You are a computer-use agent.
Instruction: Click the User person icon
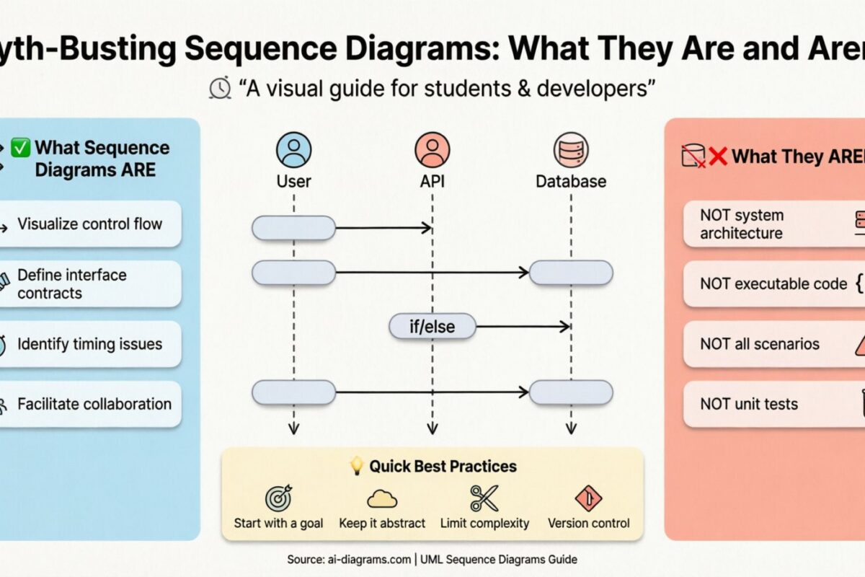click(293, 150)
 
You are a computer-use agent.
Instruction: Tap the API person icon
click(432, 150)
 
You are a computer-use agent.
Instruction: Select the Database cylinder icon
click(571, 150)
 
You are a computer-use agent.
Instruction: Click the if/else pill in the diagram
click(432, 327)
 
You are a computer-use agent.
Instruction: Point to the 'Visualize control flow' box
click(89, 224)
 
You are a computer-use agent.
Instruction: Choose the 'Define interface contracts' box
click(89, 283)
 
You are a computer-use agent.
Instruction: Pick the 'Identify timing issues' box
click(89, 344)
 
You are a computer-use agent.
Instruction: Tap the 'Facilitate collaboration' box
click(89, 404)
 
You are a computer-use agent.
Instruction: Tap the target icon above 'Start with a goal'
click(278, 498)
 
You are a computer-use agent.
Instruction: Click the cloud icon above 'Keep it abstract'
click(382, 498)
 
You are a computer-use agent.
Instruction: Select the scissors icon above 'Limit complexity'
click(484, 498)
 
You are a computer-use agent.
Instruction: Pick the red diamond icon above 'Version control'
click(588, 498)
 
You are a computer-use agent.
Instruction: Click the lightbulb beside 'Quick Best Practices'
click(356, 467)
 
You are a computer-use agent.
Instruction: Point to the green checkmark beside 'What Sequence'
click(20, 149)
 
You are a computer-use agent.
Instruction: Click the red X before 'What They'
click(718, 156)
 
